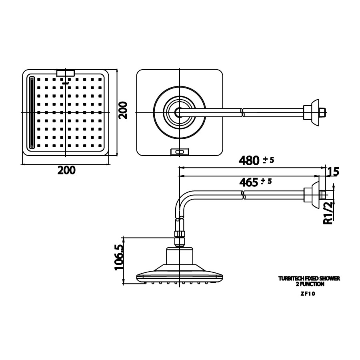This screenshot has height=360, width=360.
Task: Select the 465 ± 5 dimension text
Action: (x=255, y=182)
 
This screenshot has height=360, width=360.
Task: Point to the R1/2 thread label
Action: (x=328, y=213)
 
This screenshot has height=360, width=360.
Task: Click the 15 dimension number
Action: (x=333, y=172)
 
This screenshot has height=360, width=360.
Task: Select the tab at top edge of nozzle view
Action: (x=66, y=73)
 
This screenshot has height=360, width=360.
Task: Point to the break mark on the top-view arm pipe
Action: (x=242, y=112)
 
